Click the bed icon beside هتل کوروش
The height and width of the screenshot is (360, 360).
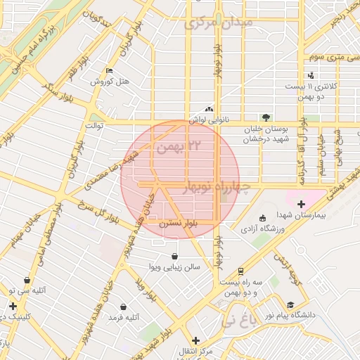[108, 71]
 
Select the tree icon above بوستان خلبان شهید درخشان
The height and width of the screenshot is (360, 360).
[265, 117]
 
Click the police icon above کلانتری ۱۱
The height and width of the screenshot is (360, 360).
[311, 75]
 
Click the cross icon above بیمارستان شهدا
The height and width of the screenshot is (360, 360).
[301, 204]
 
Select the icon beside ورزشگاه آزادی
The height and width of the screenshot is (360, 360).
[263, 218]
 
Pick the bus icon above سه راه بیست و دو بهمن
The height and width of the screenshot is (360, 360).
[240, 271]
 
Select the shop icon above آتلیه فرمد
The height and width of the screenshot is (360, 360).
[124, 307]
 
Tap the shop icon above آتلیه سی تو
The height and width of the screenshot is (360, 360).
[27, 280]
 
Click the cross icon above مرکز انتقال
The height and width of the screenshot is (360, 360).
[186, 340]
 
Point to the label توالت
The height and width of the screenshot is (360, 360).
[94, 125]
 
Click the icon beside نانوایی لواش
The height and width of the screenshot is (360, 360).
[208, 109]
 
